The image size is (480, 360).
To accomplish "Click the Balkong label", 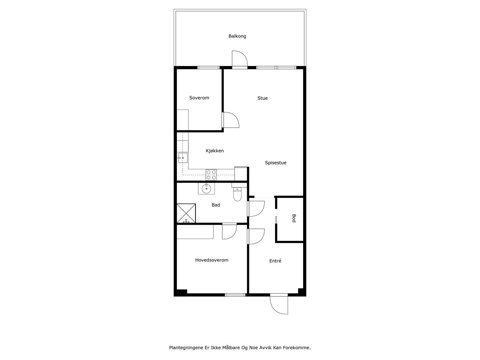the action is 237,36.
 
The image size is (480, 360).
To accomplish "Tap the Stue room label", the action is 262,98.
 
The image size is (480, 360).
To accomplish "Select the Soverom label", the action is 199,98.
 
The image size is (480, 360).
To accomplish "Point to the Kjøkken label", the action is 215,150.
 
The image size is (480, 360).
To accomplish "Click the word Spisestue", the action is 276,163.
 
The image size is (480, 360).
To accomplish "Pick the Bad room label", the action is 216,205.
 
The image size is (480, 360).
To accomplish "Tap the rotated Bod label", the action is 294,218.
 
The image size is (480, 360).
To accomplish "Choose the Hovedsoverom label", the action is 211,260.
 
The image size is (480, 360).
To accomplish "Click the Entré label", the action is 275,261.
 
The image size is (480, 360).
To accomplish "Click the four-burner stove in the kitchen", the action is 211,175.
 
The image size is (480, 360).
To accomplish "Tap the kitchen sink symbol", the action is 183,158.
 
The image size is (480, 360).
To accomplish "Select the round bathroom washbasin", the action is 206,189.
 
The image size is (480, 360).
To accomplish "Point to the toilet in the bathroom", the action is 237,194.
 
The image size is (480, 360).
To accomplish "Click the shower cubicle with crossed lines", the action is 186,213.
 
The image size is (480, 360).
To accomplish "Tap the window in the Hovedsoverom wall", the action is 235,295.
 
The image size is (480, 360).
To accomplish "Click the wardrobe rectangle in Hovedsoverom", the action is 195,232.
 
